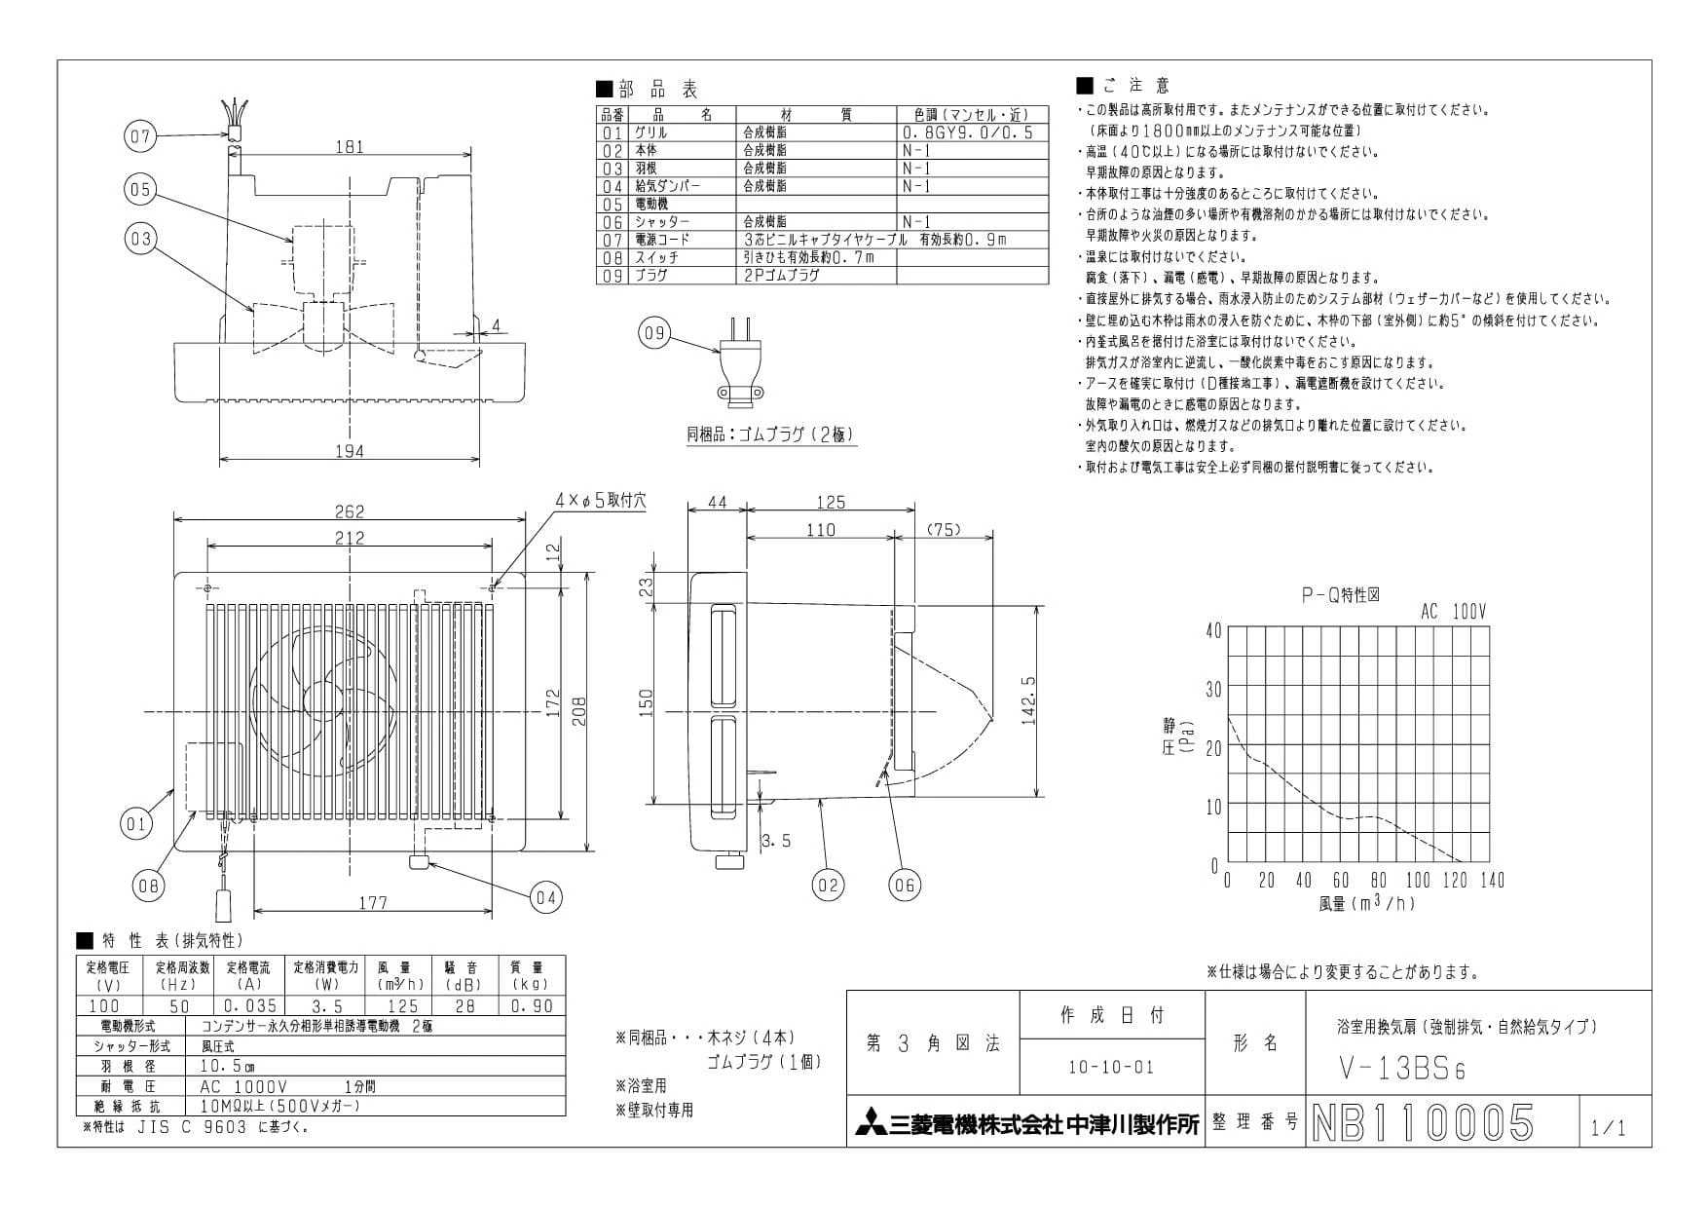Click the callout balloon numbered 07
(141, 136)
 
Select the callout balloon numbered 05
(141, 189)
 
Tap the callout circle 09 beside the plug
(654, 333)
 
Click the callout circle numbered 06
(906, 885)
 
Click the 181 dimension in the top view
(349, 147)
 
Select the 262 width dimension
(349, 511)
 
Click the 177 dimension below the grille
(372, 903)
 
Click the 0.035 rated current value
(251, 1005)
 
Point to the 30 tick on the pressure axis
(1212, 690)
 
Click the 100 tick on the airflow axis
(1418, 881)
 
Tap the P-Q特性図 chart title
(1340, 595)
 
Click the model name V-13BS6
(1401, 1069)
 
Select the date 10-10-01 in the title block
(1110, 1067)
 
